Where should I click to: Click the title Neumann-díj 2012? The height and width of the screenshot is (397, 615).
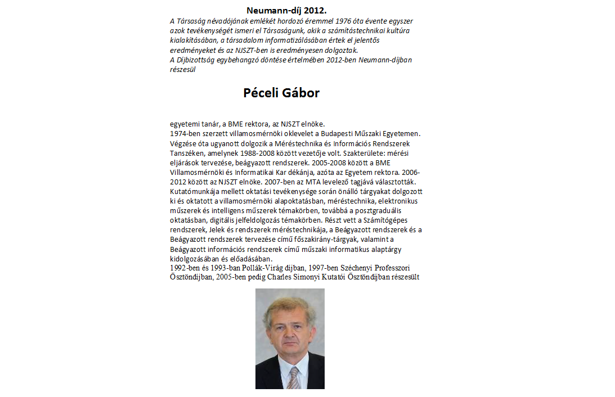(x=286, y=10)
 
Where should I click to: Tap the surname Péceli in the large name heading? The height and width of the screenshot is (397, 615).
(x=261, y=93)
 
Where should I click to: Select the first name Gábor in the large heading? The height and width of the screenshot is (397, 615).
(x=302, y=93)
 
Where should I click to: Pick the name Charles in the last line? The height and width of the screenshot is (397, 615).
(x=281, y=277)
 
